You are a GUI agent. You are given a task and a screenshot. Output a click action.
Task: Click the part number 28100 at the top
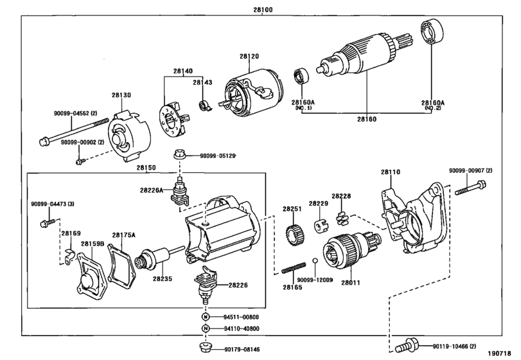click(263, 10)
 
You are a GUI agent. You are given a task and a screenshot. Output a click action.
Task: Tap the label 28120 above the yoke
click(249, 56)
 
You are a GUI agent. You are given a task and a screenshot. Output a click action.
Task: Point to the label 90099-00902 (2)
click(82, 142)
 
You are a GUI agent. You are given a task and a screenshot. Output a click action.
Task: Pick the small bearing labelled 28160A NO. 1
click(301, 76)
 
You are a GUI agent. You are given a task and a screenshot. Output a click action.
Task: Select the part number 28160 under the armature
click(367, 119)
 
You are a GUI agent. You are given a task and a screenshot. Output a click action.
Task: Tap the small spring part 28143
click(205, 105)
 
